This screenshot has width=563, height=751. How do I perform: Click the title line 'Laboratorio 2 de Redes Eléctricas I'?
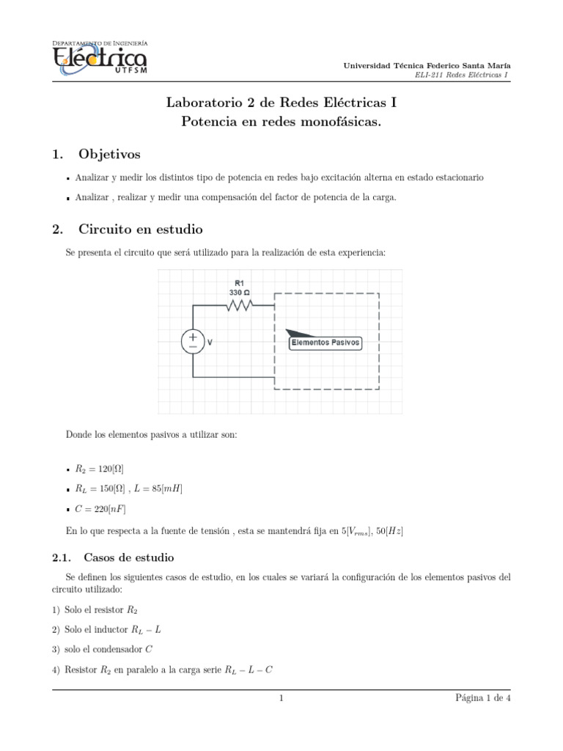click(281, 103)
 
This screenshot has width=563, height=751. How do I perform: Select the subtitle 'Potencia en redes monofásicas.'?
click(281, 122)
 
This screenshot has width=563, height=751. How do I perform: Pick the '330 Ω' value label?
click(240, 291)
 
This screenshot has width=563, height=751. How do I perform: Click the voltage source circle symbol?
click(193, 341)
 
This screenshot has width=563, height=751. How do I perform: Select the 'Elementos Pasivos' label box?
click(325, 342)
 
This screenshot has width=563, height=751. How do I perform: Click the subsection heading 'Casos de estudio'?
click(129, 557)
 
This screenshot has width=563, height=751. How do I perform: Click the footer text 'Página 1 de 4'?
click(482, 698)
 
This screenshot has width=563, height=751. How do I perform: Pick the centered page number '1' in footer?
click(281, 698)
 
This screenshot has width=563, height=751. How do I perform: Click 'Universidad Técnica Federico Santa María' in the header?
click(427, 66)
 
